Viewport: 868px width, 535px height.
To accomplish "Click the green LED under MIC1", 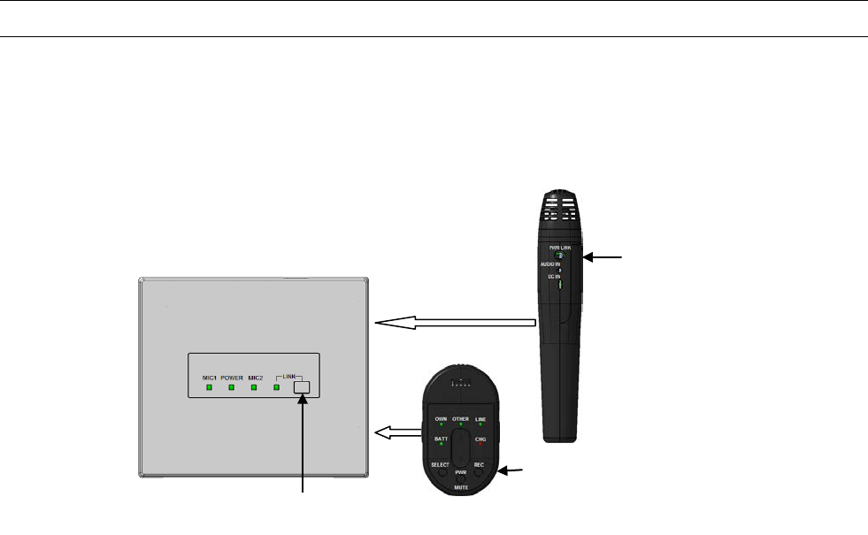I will click(209, 387).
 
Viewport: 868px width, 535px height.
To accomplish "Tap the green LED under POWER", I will click(231, 387).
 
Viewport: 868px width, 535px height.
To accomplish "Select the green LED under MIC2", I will click(253, 387).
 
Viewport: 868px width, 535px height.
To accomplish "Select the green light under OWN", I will click(440, 426).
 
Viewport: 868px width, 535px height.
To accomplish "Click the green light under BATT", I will click(440, 447).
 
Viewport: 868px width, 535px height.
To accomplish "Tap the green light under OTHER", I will click(460, 426).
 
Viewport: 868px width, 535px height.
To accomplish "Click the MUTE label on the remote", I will click(460, 488).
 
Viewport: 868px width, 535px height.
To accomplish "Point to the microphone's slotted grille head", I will click(558, 212).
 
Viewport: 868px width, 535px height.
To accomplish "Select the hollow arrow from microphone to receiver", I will click(456, 324).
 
